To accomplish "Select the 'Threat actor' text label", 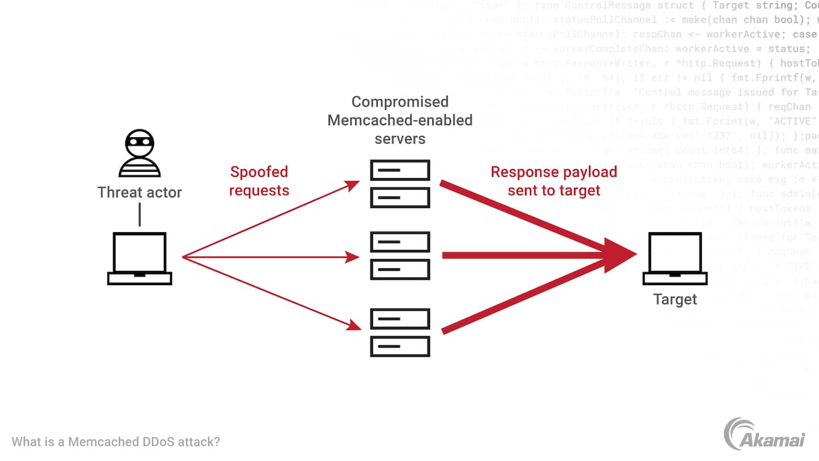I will coord(139,192).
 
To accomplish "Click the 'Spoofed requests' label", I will coord(259,181).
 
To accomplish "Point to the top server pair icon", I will coord(400,184).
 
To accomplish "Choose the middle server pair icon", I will coord(400,256).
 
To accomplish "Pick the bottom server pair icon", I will coord(400,332).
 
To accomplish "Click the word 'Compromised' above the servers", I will coord(400,102).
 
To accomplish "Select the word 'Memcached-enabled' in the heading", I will coord(400,121).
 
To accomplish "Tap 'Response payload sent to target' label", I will coord(554,181).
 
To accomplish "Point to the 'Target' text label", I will coord(675,299).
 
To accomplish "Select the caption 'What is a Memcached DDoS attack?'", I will coord(116,442).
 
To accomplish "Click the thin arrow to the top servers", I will coord(270,220).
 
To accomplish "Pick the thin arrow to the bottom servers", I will coord(270,293).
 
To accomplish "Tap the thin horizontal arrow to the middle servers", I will coord(270,257).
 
